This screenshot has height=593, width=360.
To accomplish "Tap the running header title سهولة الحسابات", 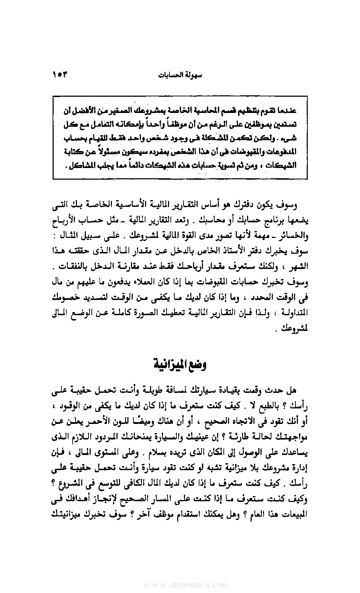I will pyautogui.click(x=180, y=75).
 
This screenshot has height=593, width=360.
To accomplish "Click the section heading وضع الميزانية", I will pyautogui.click(x=180, y=364).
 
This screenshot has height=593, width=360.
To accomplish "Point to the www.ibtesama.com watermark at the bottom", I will pyautogui.click(x=186, y=585).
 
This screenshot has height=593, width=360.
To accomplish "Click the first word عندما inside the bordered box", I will pyautogui.click(x=287, y=111).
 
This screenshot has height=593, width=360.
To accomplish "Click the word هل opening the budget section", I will pyautogui.click(x=291, y=390).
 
